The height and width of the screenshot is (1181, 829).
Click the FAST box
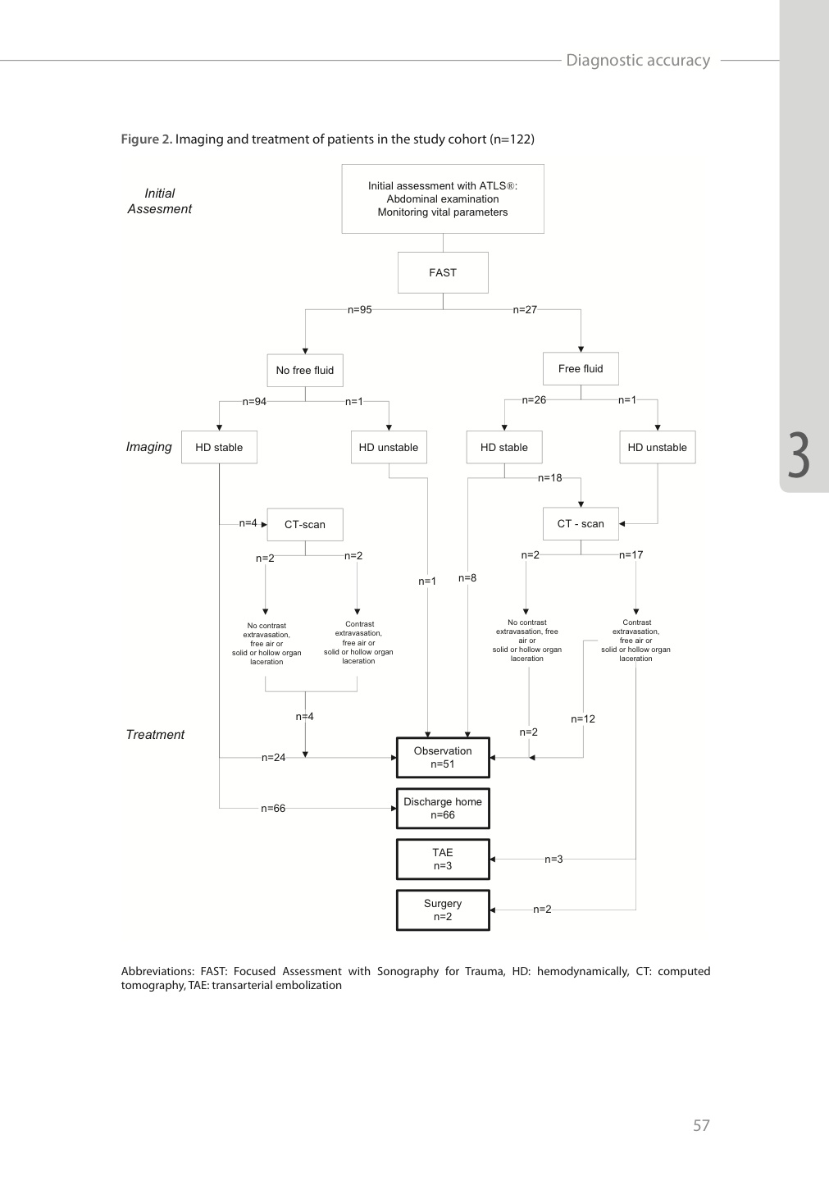point(443,272)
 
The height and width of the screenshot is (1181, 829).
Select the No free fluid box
point(305,370)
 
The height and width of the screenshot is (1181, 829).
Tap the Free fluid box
point(581,368)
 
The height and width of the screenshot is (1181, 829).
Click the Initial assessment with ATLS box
point(443,198)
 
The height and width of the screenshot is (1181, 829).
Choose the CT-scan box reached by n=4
point(305,525)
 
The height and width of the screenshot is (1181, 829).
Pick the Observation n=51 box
point(443,758)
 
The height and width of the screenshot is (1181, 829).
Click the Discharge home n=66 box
point(443,809)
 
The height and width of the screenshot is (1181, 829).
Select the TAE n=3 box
point(443,859)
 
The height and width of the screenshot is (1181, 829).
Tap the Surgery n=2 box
point(443,910)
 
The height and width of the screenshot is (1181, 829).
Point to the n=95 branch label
point(359,309)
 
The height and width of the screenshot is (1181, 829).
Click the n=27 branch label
point(525,309)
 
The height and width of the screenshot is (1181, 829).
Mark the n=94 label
point(254,401)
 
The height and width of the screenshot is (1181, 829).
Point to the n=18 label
point(549,477)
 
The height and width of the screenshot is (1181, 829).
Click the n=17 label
point(631,554)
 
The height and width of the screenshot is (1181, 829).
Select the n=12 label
point(583,718)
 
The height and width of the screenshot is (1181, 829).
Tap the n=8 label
point(467,578)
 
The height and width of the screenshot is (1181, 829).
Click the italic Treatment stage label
point(155,735)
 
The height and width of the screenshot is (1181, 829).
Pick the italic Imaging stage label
point(148,447)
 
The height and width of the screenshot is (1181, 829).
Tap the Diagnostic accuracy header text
point(638,60)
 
